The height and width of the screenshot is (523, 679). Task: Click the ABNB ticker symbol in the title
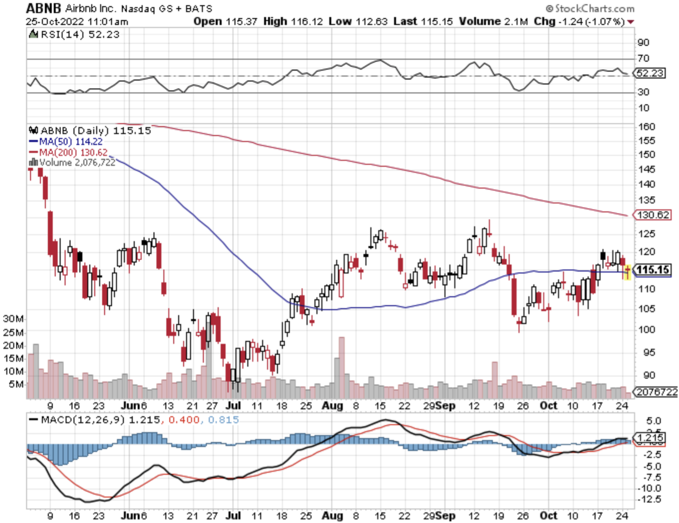pyautogui.click(x=43, y=8)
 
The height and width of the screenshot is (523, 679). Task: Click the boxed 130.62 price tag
pyautogui.click(x=653, y=215)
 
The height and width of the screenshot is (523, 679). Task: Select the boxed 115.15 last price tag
pyautogui.click(x=653, y=270)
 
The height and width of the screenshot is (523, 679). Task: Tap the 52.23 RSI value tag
pyautogui.click(x=650, y=73)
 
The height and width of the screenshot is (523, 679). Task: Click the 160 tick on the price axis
pyautogui.click(x=646, y=127)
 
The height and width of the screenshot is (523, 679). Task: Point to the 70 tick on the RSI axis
pyautogui.click(x=643, y=58)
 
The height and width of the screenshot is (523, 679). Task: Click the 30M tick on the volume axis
pyautogui.click(x=13, y=319)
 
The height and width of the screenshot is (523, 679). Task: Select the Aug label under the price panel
pyautogui.click(x=332, y=406)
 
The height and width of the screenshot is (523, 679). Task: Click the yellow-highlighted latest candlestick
pyautogui.click(x=627, y=272)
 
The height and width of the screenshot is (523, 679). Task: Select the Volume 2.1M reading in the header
pyautogui.click(x=493, y=21)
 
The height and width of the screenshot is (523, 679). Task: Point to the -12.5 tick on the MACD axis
pyautogui.click(x=649, y=499)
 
